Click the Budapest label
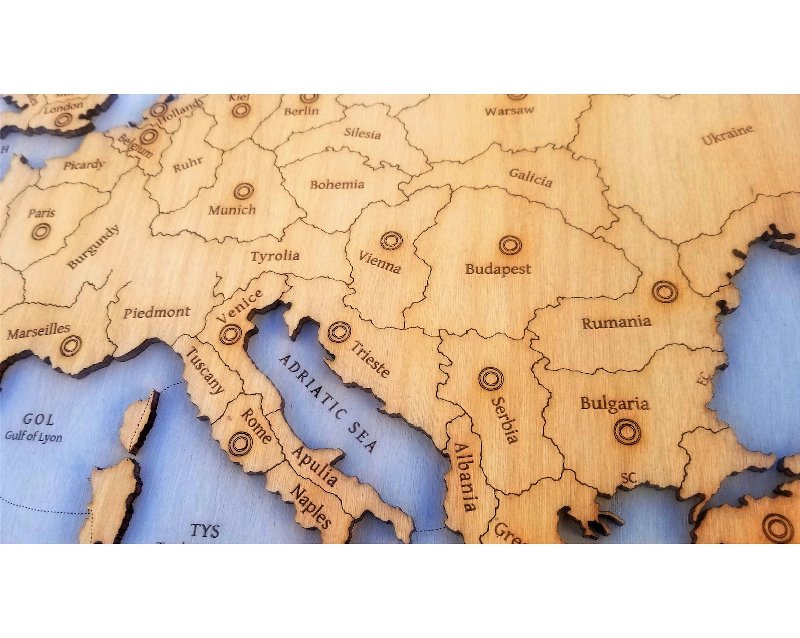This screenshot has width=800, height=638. coord(498,269)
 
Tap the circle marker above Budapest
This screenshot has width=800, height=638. coord(510,245)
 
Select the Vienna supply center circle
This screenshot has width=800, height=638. coord(391,241)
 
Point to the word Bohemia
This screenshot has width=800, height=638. coord(337,185)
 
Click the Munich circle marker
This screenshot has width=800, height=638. coord(243,191)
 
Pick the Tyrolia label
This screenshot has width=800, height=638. coord(275,256)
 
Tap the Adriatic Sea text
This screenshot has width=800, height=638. coord(327,403)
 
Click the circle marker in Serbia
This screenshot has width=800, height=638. coord(490,379)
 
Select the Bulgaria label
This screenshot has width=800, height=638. coord(614,403)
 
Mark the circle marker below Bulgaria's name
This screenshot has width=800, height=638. coord(627,432)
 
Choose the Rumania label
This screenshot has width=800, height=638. coord(617,322)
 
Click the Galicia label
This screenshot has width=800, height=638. coord(530,177)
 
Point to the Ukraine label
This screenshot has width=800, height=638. coord(727,134)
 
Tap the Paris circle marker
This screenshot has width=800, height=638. coord(41,232)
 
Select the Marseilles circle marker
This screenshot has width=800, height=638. coord(71,345)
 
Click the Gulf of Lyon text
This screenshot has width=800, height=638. coord(34,436)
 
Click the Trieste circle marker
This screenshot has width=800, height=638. coord(339,332)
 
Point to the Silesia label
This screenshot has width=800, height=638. coord(362,134)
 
